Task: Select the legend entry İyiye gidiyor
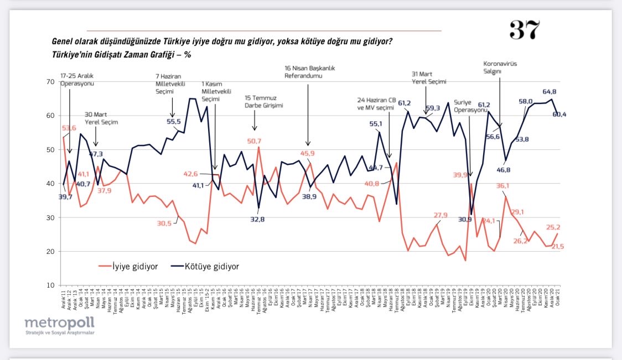point(130,267)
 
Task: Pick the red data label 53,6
point(69,128)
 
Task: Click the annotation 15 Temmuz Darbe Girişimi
point(264,101)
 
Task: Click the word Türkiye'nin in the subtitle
point(69,55)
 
